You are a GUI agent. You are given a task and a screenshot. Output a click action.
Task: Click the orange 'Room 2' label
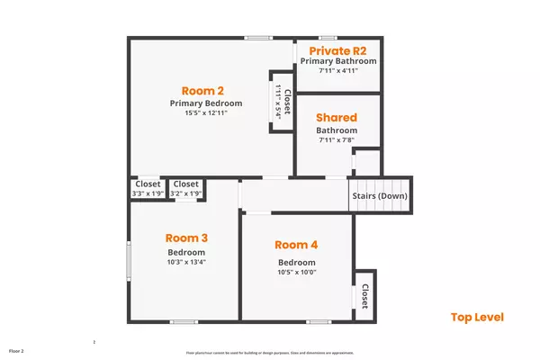point(202,90)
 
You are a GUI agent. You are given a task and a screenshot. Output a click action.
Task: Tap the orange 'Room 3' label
point(187,238)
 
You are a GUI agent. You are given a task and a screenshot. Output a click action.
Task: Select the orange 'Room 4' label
point(297,245)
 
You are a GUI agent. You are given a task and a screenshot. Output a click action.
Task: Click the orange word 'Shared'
point(337,118)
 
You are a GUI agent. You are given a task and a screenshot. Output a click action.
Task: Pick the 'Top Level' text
point(477,317)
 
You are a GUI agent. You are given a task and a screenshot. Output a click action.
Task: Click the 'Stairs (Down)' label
point(379,196)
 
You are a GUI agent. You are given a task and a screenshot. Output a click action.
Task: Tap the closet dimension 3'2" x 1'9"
point(186,193)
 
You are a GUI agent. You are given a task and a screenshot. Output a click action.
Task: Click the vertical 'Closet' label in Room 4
point(364,297)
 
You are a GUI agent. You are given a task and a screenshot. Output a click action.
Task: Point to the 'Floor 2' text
point(16,350)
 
